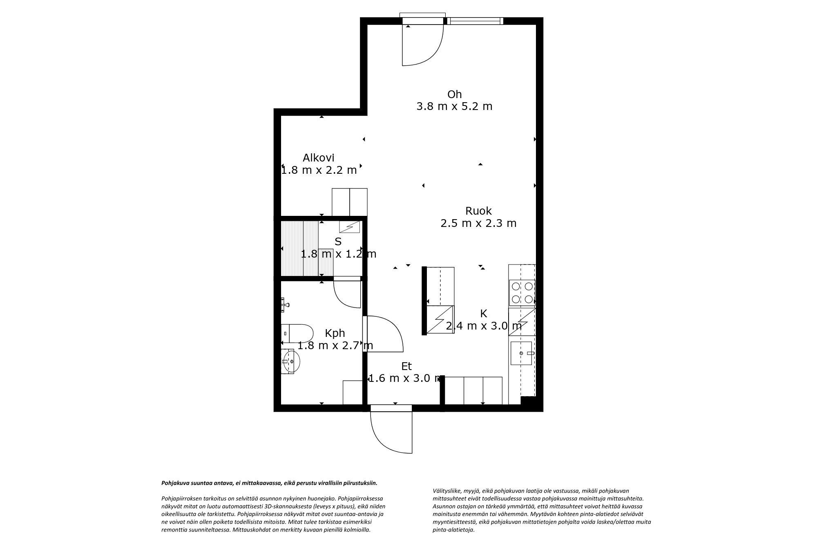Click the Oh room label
(454, 94)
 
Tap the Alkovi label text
(318, 158)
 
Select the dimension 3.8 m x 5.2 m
(454, 107)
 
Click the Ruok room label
(478, 211)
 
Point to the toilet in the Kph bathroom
(297, 334)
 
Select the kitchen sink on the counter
(521, 353)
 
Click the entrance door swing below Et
(391, 431)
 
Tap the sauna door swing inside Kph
(347, 294)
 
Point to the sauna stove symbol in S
(350, 227)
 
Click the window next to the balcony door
(474, 21)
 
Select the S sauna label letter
(338, 242)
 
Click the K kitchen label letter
(483, 314)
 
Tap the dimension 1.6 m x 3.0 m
(404, 379)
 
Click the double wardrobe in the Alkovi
(349, 202)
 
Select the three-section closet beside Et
(473, 390)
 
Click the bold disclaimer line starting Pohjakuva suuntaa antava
(269, 483)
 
